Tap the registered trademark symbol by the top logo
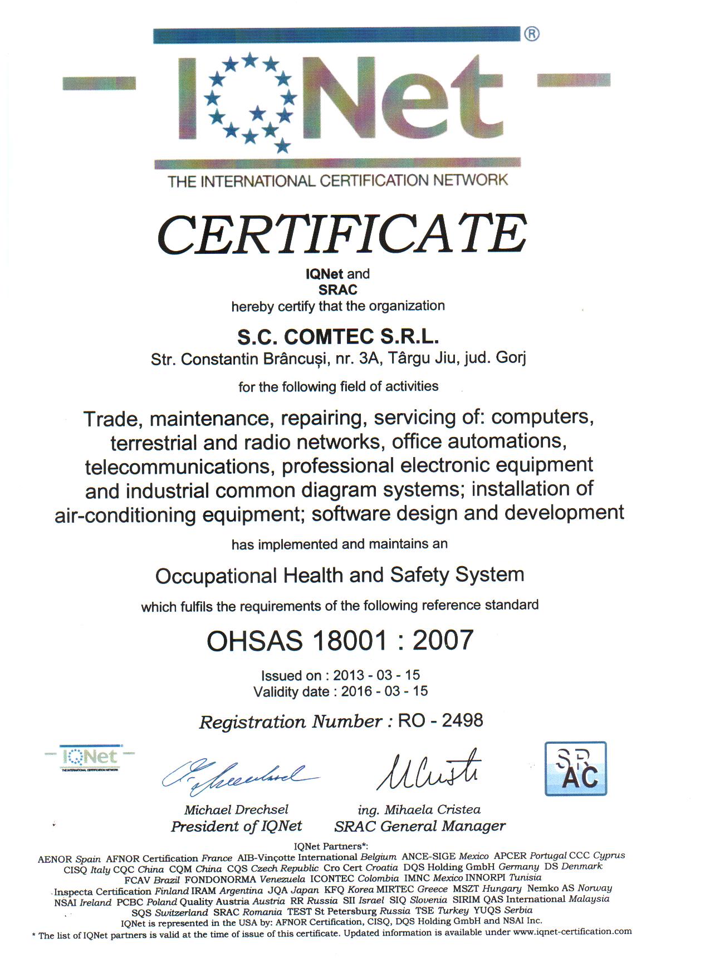[x=531, y=34]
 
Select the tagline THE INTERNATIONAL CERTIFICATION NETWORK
[x=337, y=180]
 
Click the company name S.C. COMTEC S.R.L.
[x=338, y=337]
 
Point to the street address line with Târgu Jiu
[x=338, y=359]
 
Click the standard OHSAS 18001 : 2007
[x=340, y=640]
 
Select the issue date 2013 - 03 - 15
[x=376, y=675]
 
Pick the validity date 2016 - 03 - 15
[x=384, y=691]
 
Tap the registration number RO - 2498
[x=440, y=721]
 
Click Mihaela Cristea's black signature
[x=429, y=771]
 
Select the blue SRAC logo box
[x=575, y=768]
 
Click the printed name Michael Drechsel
[x=236, y=809]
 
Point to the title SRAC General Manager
[x=420, y=826]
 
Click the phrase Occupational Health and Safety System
[x=340, y=575]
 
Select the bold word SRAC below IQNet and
[x=337, y=290]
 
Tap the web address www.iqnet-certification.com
[x=572, y=931]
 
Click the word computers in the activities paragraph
[x=542, y=417]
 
